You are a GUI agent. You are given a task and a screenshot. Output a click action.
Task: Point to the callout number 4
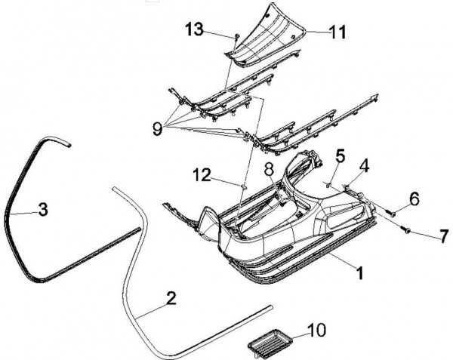[365, 162]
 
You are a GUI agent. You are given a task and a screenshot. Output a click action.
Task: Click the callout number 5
[341, 156]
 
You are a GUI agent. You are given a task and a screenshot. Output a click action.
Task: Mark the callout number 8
[268, 169]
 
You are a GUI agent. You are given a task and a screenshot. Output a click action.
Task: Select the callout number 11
[337, 32]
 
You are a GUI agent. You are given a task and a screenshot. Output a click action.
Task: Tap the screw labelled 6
[393, 214]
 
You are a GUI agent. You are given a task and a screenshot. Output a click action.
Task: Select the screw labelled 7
[406, 229]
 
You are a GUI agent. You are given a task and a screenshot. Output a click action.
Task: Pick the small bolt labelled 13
[236, 35]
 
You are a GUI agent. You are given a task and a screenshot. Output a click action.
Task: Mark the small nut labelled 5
[330, 182]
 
